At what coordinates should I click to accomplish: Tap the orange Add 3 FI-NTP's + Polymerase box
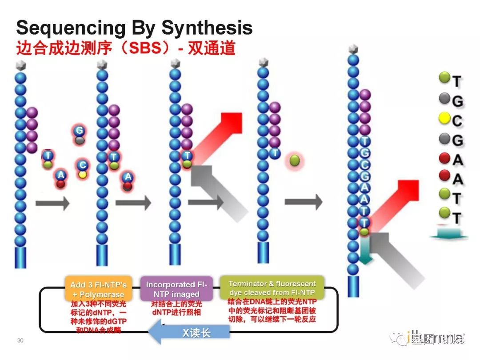[x=98, y=289]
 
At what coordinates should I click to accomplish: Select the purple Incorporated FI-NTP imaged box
[x=176, y=289]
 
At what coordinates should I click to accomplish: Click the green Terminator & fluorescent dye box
[x=272, y=288]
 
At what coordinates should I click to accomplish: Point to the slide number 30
[x=20, y=340]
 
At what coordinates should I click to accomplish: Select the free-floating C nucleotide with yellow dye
[x=82, y=169]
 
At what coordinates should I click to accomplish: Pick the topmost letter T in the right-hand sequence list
[x=457, y=81]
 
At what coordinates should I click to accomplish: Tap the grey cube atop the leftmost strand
[x=20, y=65]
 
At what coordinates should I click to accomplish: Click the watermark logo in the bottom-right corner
[x=427, y=339]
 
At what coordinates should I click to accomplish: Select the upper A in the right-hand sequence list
[x=457, y=160]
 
